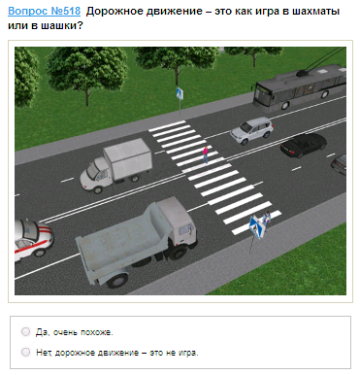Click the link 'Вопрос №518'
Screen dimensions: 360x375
(x=44, y=11)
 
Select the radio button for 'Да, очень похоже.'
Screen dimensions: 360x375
(x=25, y=331)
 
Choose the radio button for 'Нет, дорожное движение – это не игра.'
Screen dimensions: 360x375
(x=25, y=352)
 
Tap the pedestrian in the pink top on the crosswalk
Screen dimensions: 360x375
(x=205, y=154)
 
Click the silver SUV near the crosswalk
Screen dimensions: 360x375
(x=252, y=130)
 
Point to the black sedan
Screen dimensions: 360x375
(x=304, y=145)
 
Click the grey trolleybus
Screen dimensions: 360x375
(x=299, y=86)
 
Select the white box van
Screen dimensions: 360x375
(x=116, y=165)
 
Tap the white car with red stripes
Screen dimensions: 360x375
(x=32, y=239)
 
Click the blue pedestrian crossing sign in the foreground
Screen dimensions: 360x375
(x=257, y=226)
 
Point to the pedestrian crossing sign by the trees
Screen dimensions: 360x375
(x=180, y=93)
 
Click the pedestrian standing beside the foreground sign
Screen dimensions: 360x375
(x=267, y=218)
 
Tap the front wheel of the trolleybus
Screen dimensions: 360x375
(x=285, y=105)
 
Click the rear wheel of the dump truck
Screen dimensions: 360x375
(x=117, y=280)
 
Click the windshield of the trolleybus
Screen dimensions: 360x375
(x=262, y=93)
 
